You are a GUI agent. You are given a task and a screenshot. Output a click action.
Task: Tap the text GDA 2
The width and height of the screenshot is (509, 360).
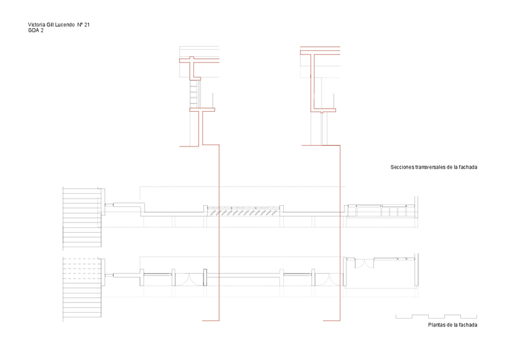35,31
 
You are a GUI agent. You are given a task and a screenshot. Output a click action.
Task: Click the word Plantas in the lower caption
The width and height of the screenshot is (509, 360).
438,325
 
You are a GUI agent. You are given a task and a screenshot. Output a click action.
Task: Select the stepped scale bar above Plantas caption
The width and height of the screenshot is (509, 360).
436,316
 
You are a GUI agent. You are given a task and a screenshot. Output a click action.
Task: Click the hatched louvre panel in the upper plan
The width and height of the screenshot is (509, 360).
244,211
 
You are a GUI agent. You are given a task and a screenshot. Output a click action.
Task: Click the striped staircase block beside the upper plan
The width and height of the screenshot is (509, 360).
82,217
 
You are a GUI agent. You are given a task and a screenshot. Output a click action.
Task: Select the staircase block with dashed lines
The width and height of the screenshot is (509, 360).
82,287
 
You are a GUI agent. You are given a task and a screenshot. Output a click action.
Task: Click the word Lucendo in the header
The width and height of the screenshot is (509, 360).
64,25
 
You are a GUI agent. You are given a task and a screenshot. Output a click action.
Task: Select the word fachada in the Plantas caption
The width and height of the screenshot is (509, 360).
467,325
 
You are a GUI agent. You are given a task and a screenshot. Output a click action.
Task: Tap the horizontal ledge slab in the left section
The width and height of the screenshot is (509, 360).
202,109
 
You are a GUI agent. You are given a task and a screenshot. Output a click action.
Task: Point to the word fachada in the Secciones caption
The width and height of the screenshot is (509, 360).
467,167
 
